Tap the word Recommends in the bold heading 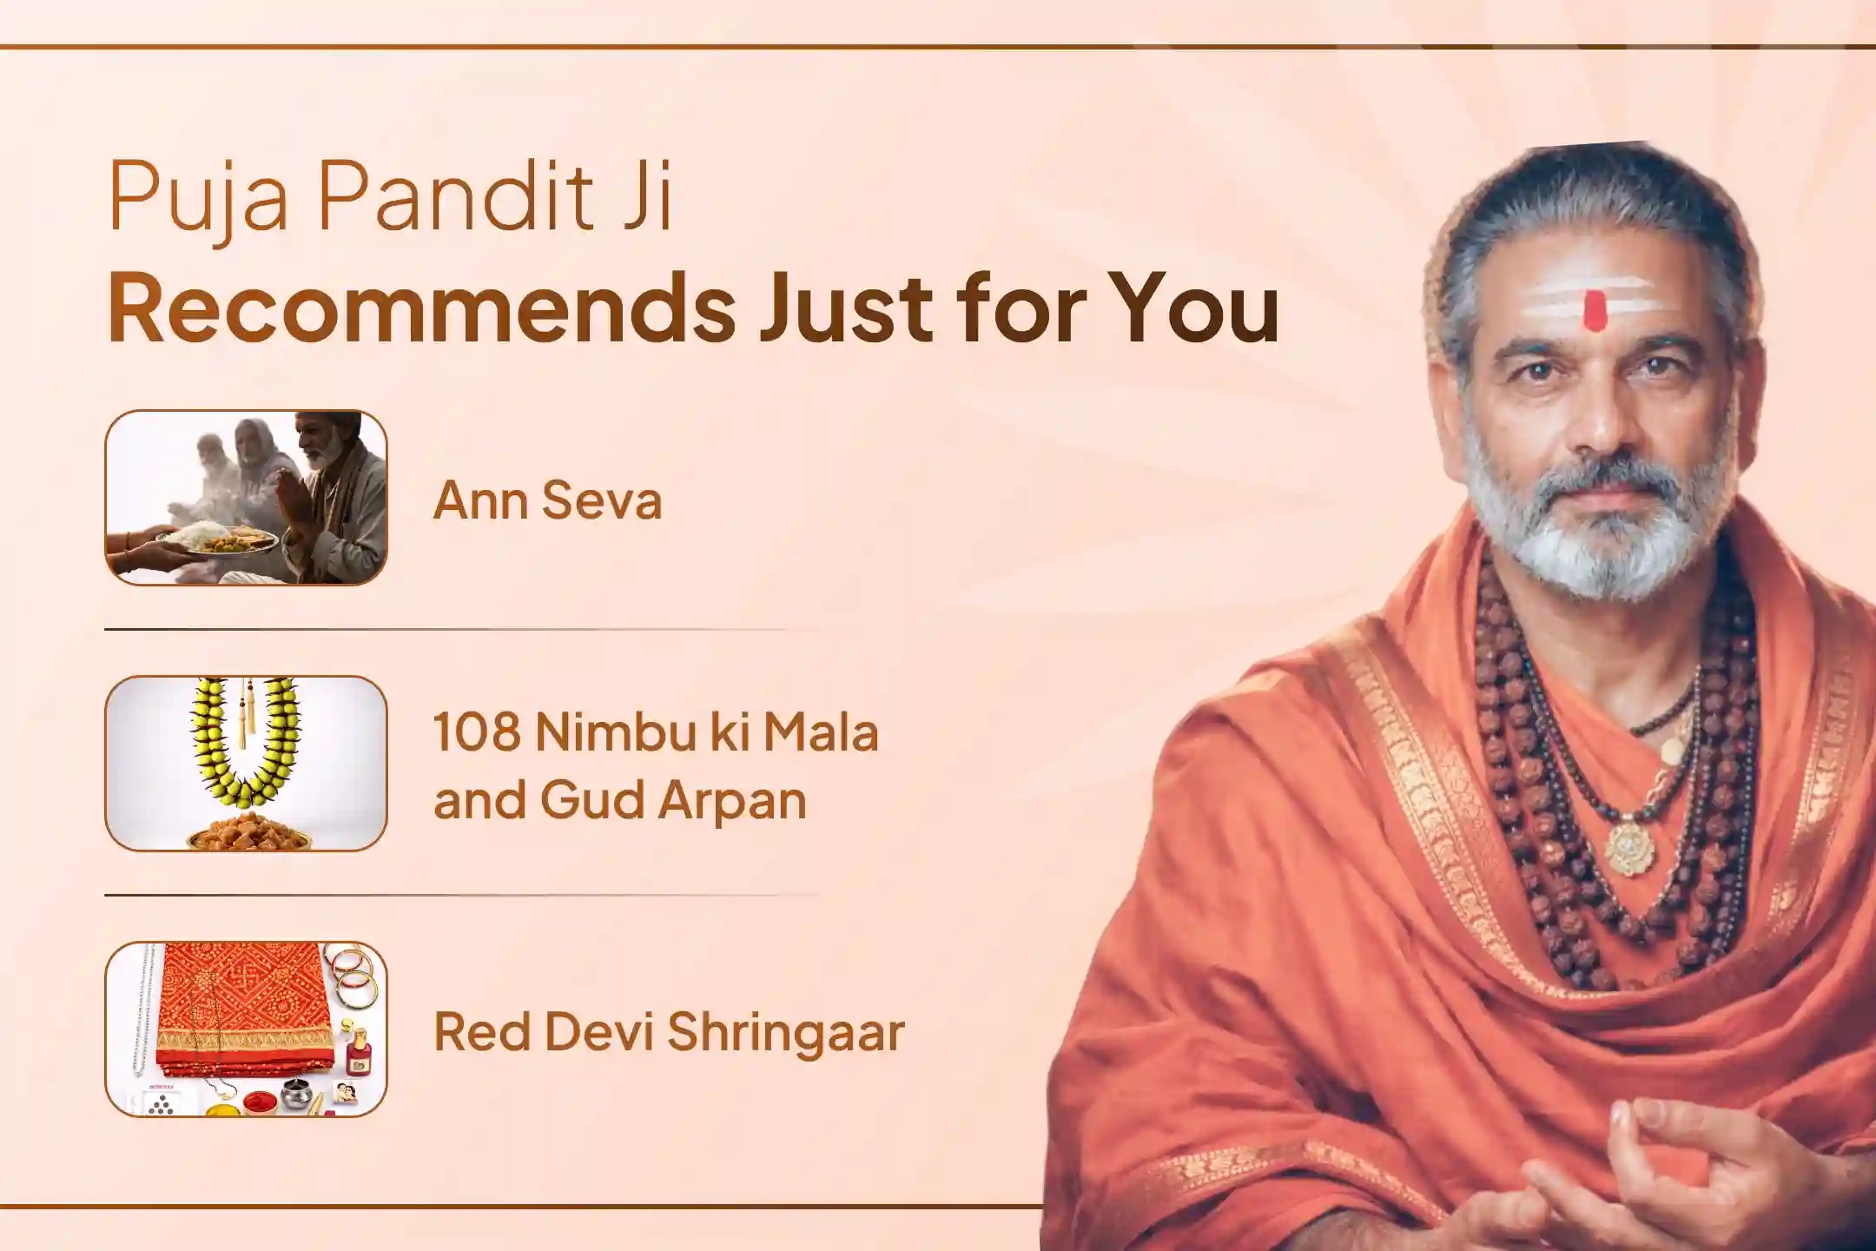422,309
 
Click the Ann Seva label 548,501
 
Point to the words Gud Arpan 673,801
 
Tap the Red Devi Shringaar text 669,1034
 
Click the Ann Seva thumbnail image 246,498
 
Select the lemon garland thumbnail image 246,764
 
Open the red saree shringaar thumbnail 246,1029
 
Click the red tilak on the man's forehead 1594,311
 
